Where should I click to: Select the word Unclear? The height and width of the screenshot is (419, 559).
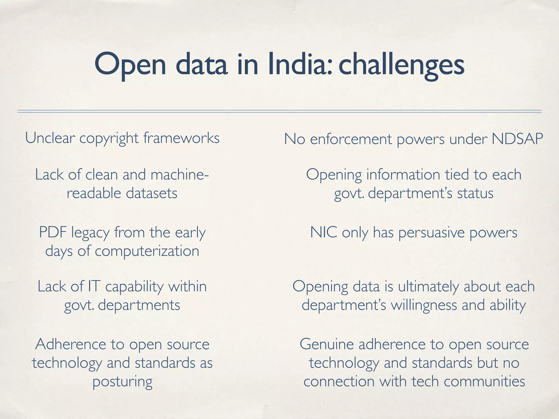click(x=50, y=138)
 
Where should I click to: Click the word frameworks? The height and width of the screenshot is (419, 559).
click(x=181, y=138)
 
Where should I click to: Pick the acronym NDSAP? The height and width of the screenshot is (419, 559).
click(x=517, y=139)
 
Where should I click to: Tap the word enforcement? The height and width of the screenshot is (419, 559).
click(x=351, y=139)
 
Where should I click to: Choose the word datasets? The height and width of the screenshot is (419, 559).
click(x=152, y=193)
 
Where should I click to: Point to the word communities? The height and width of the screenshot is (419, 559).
click(x=484, y=381)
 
